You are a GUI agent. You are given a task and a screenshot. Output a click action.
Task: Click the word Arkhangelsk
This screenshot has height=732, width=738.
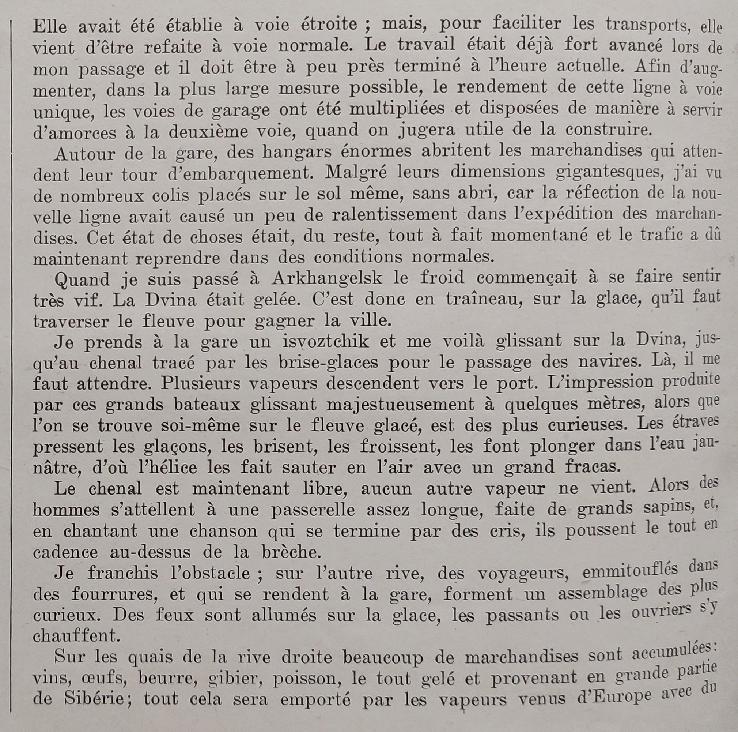click(x=327, y=278)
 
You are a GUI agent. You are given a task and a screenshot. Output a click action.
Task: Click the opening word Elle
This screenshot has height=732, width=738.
click(x=49, y=26)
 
